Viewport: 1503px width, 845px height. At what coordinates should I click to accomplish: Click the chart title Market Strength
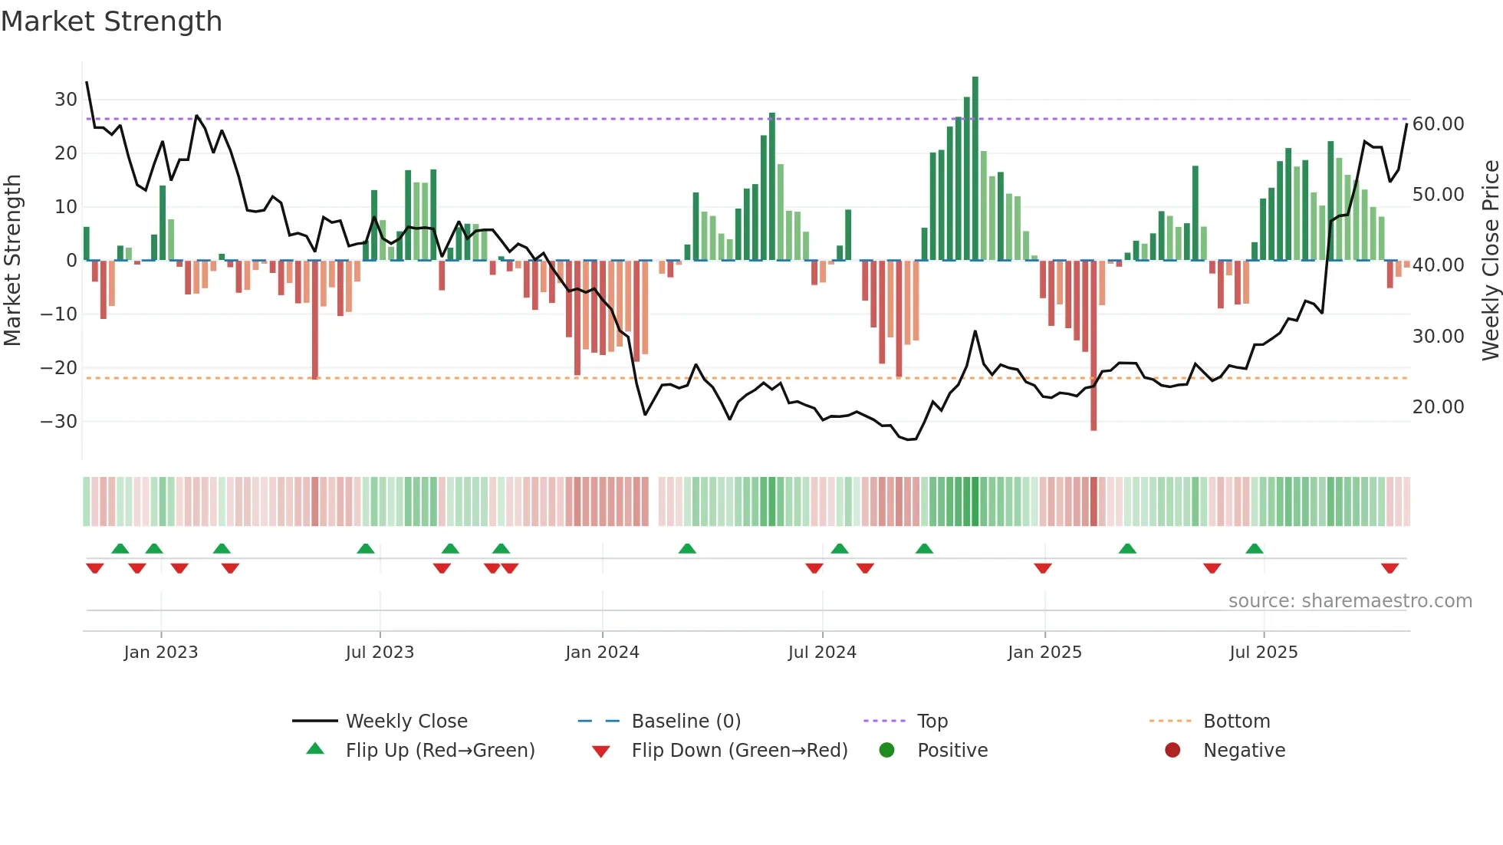(111, 21)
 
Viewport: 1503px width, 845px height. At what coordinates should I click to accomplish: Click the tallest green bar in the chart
(975, 169)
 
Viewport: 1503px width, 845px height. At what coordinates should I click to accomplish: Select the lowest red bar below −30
(1094, 345)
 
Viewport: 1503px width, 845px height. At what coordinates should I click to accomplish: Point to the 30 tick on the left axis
(66, 100)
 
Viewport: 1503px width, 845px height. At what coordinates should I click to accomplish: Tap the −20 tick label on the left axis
(59, 368)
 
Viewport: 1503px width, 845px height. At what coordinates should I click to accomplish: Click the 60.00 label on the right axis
(1438, 124)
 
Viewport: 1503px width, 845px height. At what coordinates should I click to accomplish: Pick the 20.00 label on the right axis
(1438, 407)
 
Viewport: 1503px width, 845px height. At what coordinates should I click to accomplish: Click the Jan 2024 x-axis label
(602, 653)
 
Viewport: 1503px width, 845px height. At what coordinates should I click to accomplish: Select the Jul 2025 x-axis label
(1263, 653)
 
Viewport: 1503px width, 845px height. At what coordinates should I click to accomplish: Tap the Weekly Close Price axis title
(1490, 261)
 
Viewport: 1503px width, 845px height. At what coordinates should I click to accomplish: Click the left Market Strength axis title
(13, 261)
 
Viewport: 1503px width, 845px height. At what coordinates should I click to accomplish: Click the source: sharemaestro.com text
(1350, 601)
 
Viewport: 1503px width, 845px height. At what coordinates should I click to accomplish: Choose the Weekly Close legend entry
(406, 722)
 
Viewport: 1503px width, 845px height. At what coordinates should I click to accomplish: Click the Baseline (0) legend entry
(686, 722)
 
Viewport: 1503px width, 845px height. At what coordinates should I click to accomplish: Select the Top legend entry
(932, 722)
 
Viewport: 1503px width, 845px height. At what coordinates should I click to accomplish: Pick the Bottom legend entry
(1236, 722)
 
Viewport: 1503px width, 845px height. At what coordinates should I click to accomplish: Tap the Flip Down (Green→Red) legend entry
(739, 751)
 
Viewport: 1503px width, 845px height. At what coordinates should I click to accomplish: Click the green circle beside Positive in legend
(886, 751)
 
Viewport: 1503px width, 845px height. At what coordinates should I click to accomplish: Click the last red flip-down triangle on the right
(1390, 568)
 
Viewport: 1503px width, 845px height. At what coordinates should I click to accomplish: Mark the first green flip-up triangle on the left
(120, 548)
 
